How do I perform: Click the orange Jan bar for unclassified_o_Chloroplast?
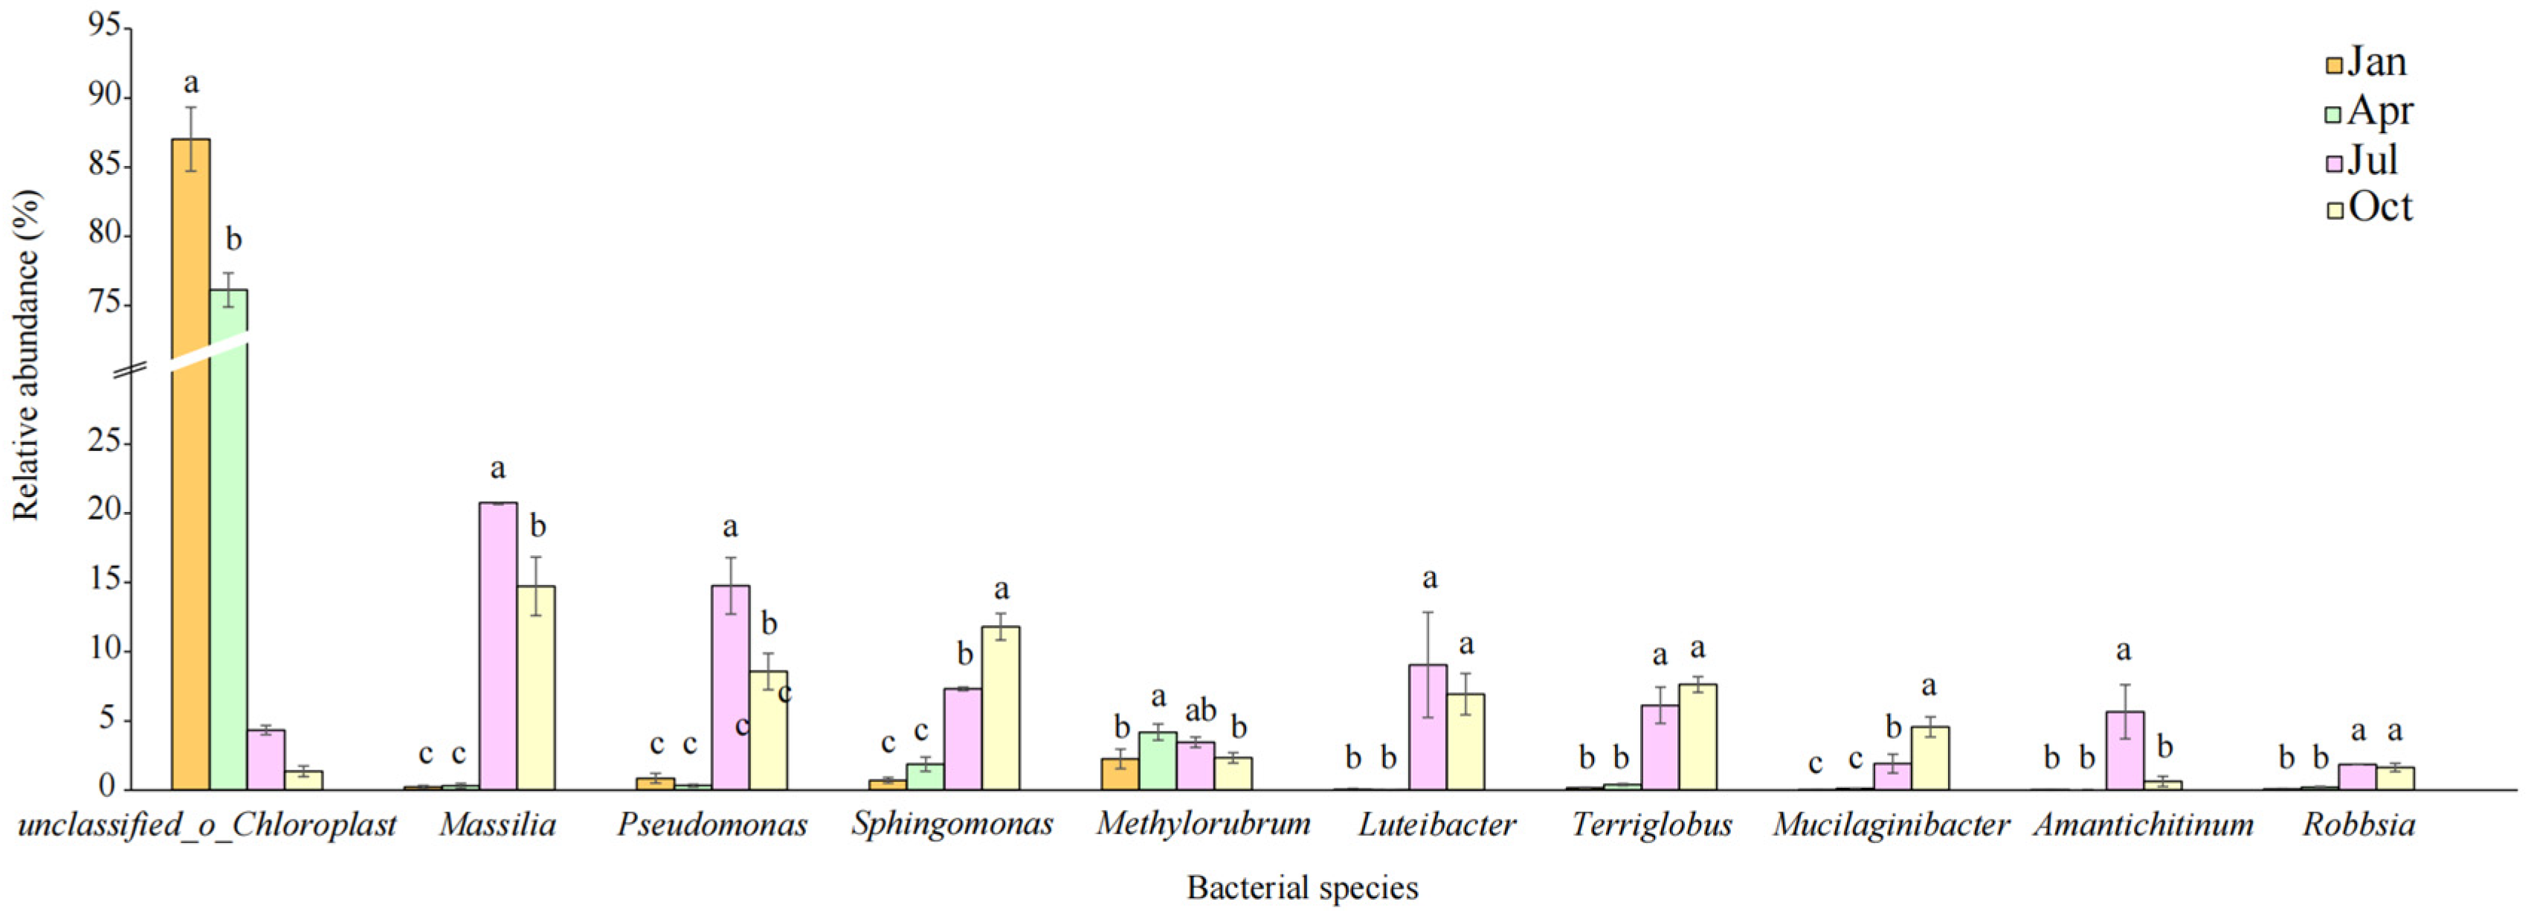[190, 461]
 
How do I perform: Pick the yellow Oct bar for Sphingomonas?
[1001, 708]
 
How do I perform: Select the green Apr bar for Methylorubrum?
[1158, 761]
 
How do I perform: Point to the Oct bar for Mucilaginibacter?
[1929, 758]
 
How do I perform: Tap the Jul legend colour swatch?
[2335, 162]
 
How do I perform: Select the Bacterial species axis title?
[1302, 888]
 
